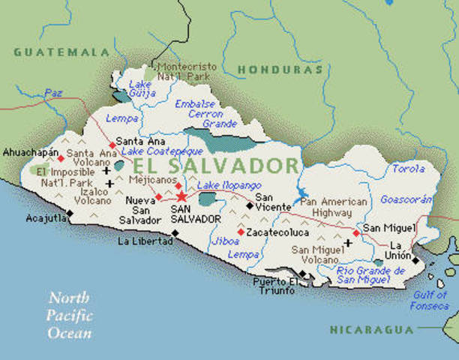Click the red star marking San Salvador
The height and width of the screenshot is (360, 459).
pyautogui.click(x=181, y=196)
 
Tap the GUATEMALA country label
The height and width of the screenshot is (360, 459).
pyautogui.click(x=61, y=52)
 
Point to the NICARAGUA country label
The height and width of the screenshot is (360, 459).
pyautogui.click(x=371, y=329)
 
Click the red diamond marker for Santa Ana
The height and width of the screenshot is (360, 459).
pyautogui.click(x=112, y=144)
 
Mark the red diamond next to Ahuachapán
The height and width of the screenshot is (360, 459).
pyautogui.click(x=61, y=158)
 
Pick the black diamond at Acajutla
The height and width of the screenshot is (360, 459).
pyautogui.click(x=70, y=213)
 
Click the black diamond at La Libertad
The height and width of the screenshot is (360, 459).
pyautogui.click(x=175, y=232)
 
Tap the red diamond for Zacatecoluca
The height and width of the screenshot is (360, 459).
pyautogui.click(x=240, y=232)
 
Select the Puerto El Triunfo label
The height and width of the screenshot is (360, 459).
pyautogui.click(x=275, y=287)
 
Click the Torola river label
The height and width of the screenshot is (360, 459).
pyautogui.click(x=408, y=169)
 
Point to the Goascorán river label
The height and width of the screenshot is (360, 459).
pyautogui.click(x=406, y=200)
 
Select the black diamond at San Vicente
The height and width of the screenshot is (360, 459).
pyautogui.click(x=249, y=203)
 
